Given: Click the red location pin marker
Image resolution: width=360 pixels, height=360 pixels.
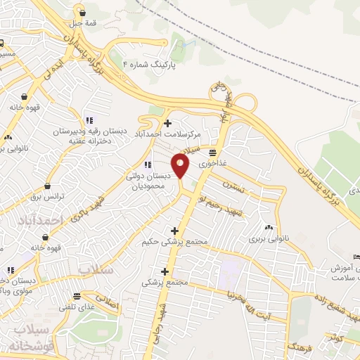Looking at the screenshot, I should [x=181, y=166].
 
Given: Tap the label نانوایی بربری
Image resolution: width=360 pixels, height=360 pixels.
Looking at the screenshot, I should [x=267, y=238].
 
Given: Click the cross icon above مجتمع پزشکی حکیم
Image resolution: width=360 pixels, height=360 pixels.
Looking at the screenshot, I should [x=174, y=231].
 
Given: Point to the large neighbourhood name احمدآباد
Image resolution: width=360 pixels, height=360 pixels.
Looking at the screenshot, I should [x=40, y=221].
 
